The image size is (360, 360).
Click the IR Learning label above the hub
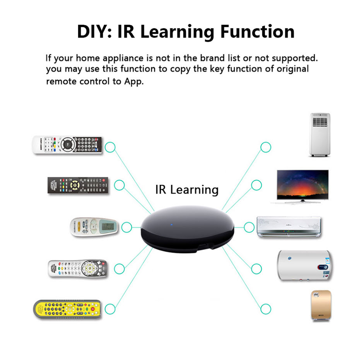point(187,189)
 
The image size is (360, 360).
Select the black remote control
point(78,186)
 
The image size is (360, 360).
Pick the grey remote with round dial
point(77,268)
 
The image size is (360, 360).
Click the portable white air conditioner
point(320,135)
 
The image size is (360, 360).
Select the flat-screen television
point(303,186)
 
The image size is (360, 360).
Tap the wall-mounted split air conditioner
point(289,228)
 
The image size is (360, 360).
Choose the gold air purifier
point(321,306)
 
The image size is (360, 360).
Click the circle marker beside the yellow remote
point(110,309)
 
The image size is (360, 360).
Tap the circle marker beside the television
point(256,185)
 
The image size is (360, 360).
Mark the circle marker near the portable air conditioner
point(266,147)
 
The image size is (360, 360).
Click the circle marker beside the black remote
point(119,185)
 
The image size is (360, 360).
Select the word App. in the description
point(133,81)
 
